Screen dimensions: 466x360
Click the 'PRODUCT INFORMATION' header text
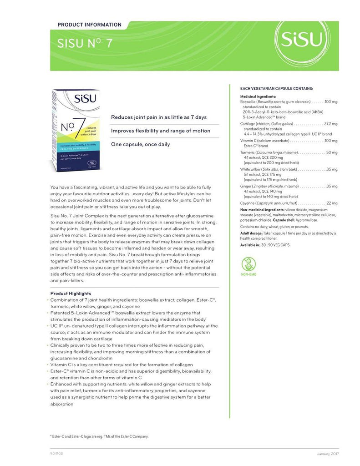(90, 25)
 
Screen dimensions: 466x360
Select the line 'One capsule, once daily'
(141, 144)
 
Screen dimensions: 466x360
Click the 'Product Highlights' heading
(71, 294)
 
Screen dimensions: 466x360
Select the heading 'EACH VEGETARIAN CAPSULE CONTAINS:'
(276, 88)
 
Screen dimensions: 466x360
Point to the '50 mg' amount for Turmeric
(332, 152)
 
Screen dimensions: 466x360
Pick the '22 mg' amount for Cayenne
(332, 203)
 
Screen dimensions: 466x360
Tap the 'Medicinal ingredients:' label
(258, 96)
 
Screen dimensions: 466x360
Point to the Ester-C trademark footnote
(99, 436)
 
